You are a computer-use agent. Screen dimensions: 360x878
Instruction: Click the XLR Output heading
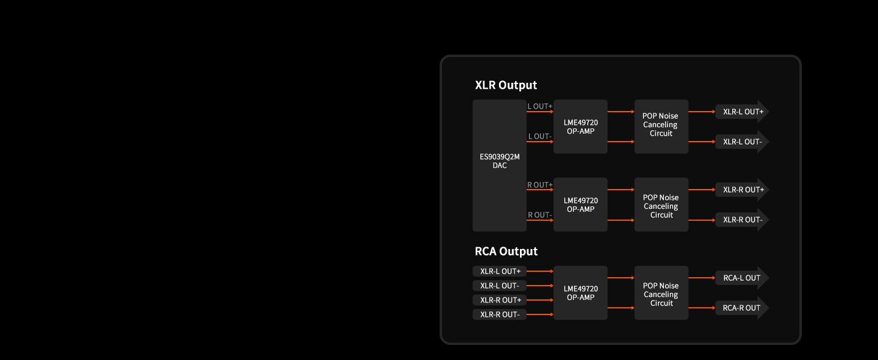tap(506, 85)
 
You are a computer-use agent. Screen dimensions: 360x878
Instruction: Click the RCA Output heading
tap(506, 251)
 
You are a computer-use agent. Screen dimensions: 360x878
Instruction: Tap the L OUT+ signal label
tap(540, 106)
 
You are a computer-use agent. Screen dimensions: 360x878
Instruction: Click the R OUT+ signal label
tap(540, 185)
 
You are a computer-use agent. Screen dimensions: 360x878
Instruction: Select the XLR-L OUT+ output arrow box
tap(742, 112)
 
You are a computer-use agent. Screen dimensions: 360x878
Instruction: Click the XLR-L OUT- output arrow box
tap(742, 142)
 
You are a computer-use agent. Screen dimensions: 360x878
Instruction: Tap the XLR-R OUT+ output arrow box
tap(742, 190)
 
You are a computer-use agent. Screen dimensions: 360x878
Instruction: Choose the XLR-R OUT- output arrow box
tap(742, 220)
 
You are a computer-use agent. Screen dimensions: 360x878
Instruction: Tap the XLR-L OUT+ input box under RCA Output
tap(500, 271)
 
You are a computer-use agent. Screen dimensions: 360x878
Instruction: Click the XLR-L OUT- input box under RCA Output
tap(500, 286)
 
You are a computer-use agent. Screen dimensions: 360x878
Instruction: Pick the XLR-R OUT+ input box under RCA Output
tap(500, 300)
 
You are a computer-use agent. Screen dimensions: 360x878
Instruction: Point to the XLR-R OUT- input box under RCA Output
tap(500, 314)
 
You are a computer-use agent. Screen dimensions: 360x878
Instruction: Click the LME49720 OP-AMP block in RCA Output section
tap(581, 293)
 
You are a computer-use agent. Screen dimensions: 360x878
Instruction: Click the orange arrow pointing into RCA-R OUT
tap(702, 308)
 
